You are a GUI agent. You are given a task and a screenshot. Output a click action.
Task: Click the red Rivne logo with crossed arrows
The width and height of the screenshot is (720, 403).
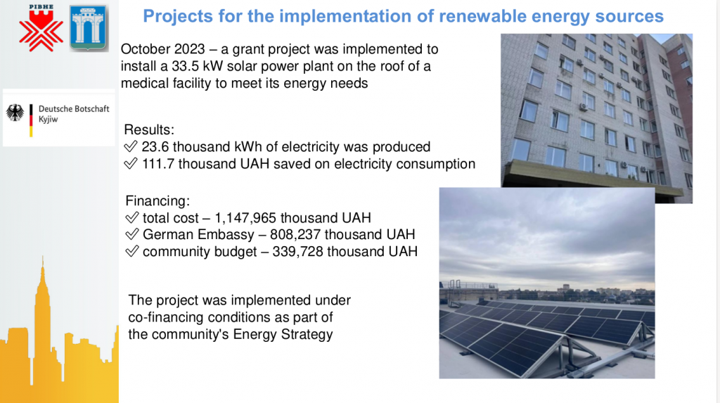click(41, 29)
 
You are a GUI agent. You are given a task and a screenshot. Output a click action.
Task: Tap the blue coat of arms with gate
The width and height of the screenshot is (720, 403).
click(89, 27)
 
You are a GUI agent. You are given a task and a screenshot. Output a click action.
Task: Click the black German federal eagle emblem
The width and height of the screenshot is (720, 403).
click(15, 113)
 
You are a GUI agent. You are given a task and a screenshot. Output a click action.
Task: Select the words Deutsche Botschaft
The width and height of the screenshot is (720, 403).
click(74, 109)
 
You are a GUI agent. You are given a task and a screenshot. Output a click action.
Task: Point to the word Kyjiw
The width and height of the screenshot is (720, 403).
click(49, 120)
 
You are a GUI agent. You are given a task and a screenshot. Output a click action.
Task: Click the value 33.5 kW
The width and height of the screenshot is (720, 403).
click(197, 66)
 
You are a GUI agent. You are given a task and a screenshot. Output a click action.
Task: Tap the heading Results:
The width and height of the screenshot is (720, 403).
click(149, 129)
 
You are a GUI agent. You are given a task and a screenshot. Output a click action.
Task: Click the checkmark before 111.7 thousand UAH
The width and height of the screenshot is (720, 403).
click(131, 163)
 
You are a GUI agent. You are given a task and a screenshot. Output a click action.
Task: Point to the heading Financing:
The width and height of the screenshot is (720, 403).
click(157, 201)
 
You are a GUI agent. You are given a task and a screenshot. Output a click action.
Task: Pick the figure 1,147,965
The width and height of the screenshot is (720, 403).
click(245, 218)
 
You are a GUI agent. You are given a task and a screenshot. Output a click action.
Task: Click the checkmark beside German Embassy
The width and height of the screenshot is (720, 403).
click(132, 234)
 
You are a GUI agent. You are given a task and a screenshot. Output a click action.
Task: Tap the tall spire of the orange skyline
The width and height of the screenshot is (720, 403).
click(43, 276)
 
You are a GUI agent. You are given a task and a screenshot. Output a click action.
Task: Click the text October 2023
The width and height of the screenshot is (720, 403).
click(162, 49)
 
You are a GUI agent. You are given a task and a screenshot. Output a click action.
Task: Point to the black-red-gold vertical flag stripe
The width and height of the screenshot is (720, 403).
click(31, 120)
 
